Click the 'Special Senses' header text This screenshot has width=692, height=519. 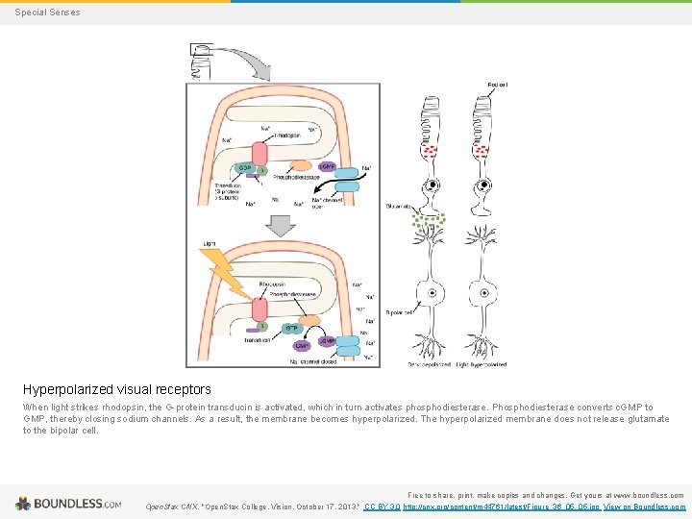click(48, 12)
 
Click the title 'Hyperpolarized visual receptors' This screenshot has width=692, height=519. click(117, 389)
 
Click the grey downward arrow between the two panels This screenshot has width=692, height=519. click(281, 225)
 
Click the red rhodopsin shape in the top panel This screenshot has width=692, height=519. click(260, 154)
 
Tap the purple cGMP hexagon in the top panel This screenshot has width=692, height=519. click(327, 166)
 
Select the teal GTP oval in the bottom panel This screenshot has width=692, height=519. click(292, 327)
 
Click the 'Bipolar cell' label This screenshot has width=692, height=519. click(399, 311)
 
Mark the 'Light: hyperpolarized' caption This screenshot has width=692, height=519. click(482, 365)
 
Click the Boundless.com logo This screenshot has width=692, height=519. click(67, 504)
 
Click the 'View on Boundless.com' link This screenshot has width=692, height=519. click(645, 506)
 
